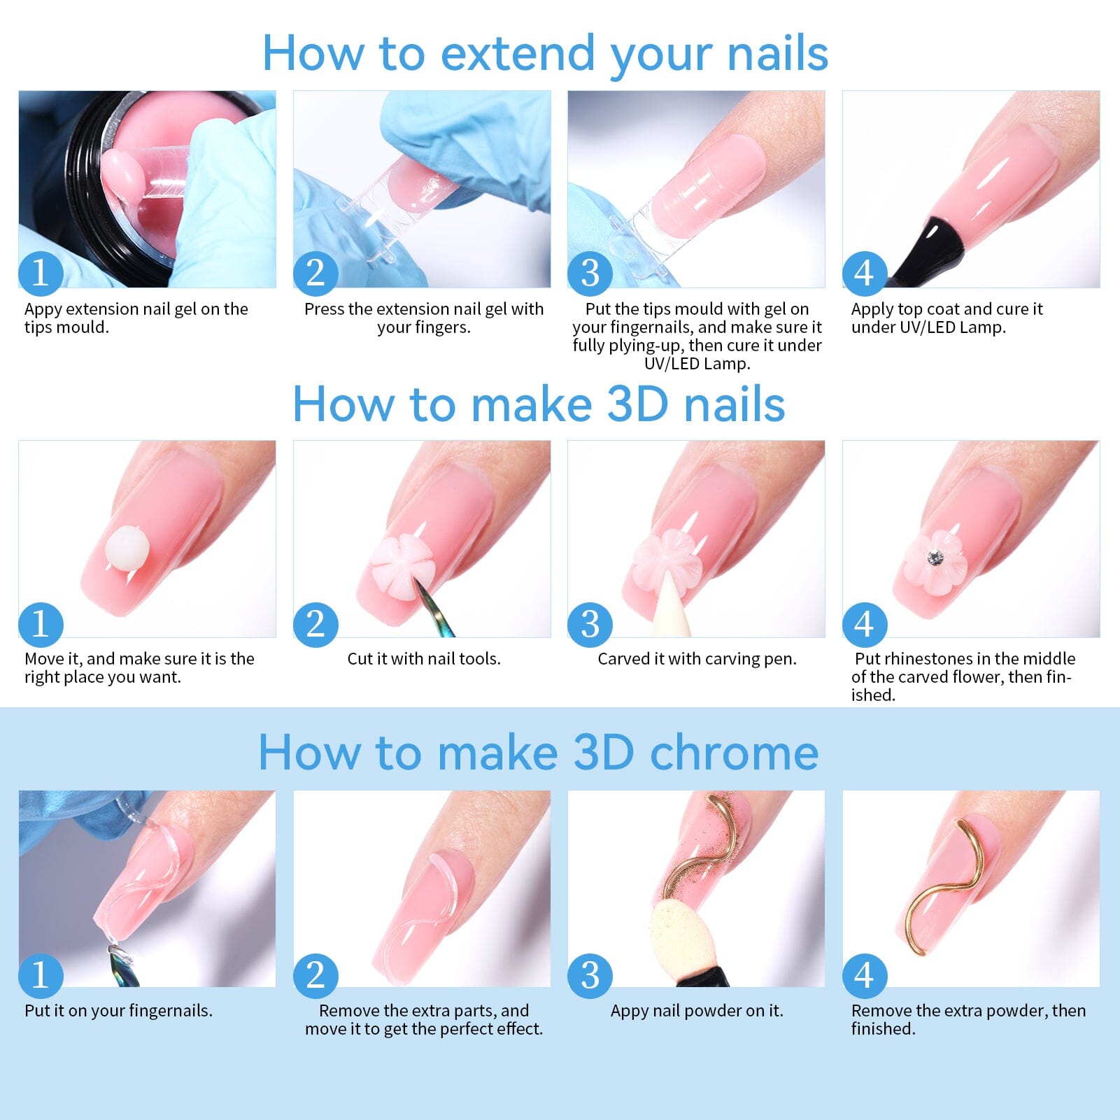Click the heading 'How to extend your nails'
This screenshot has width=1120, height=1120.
545,54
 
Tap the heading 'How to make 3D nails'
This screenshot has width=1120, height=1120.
539,404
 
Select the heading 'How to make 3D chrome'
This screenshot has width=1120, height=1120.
539,753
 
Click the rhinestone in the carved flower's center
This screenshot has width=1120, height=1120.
935,558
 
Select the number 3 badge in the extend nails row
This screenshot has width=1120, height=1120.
590,273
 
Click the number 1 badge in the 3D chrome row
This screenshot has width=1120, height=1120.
41,974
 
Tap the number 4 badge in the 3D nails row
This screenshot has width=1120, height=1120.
865,624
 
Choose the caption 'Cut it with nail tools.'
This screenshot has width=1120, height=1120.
424,659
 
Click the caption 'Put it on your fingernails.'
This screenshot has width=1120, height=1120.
118,1011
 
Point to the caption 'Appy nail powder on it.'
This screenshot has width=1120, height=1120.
697,1011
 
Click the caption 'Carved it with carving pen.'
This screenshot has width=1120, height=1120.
697,659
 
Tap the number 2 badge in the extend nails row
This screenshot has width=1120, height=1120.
316,273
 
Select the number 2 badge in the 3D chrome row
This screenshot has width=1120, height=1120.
316,974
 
